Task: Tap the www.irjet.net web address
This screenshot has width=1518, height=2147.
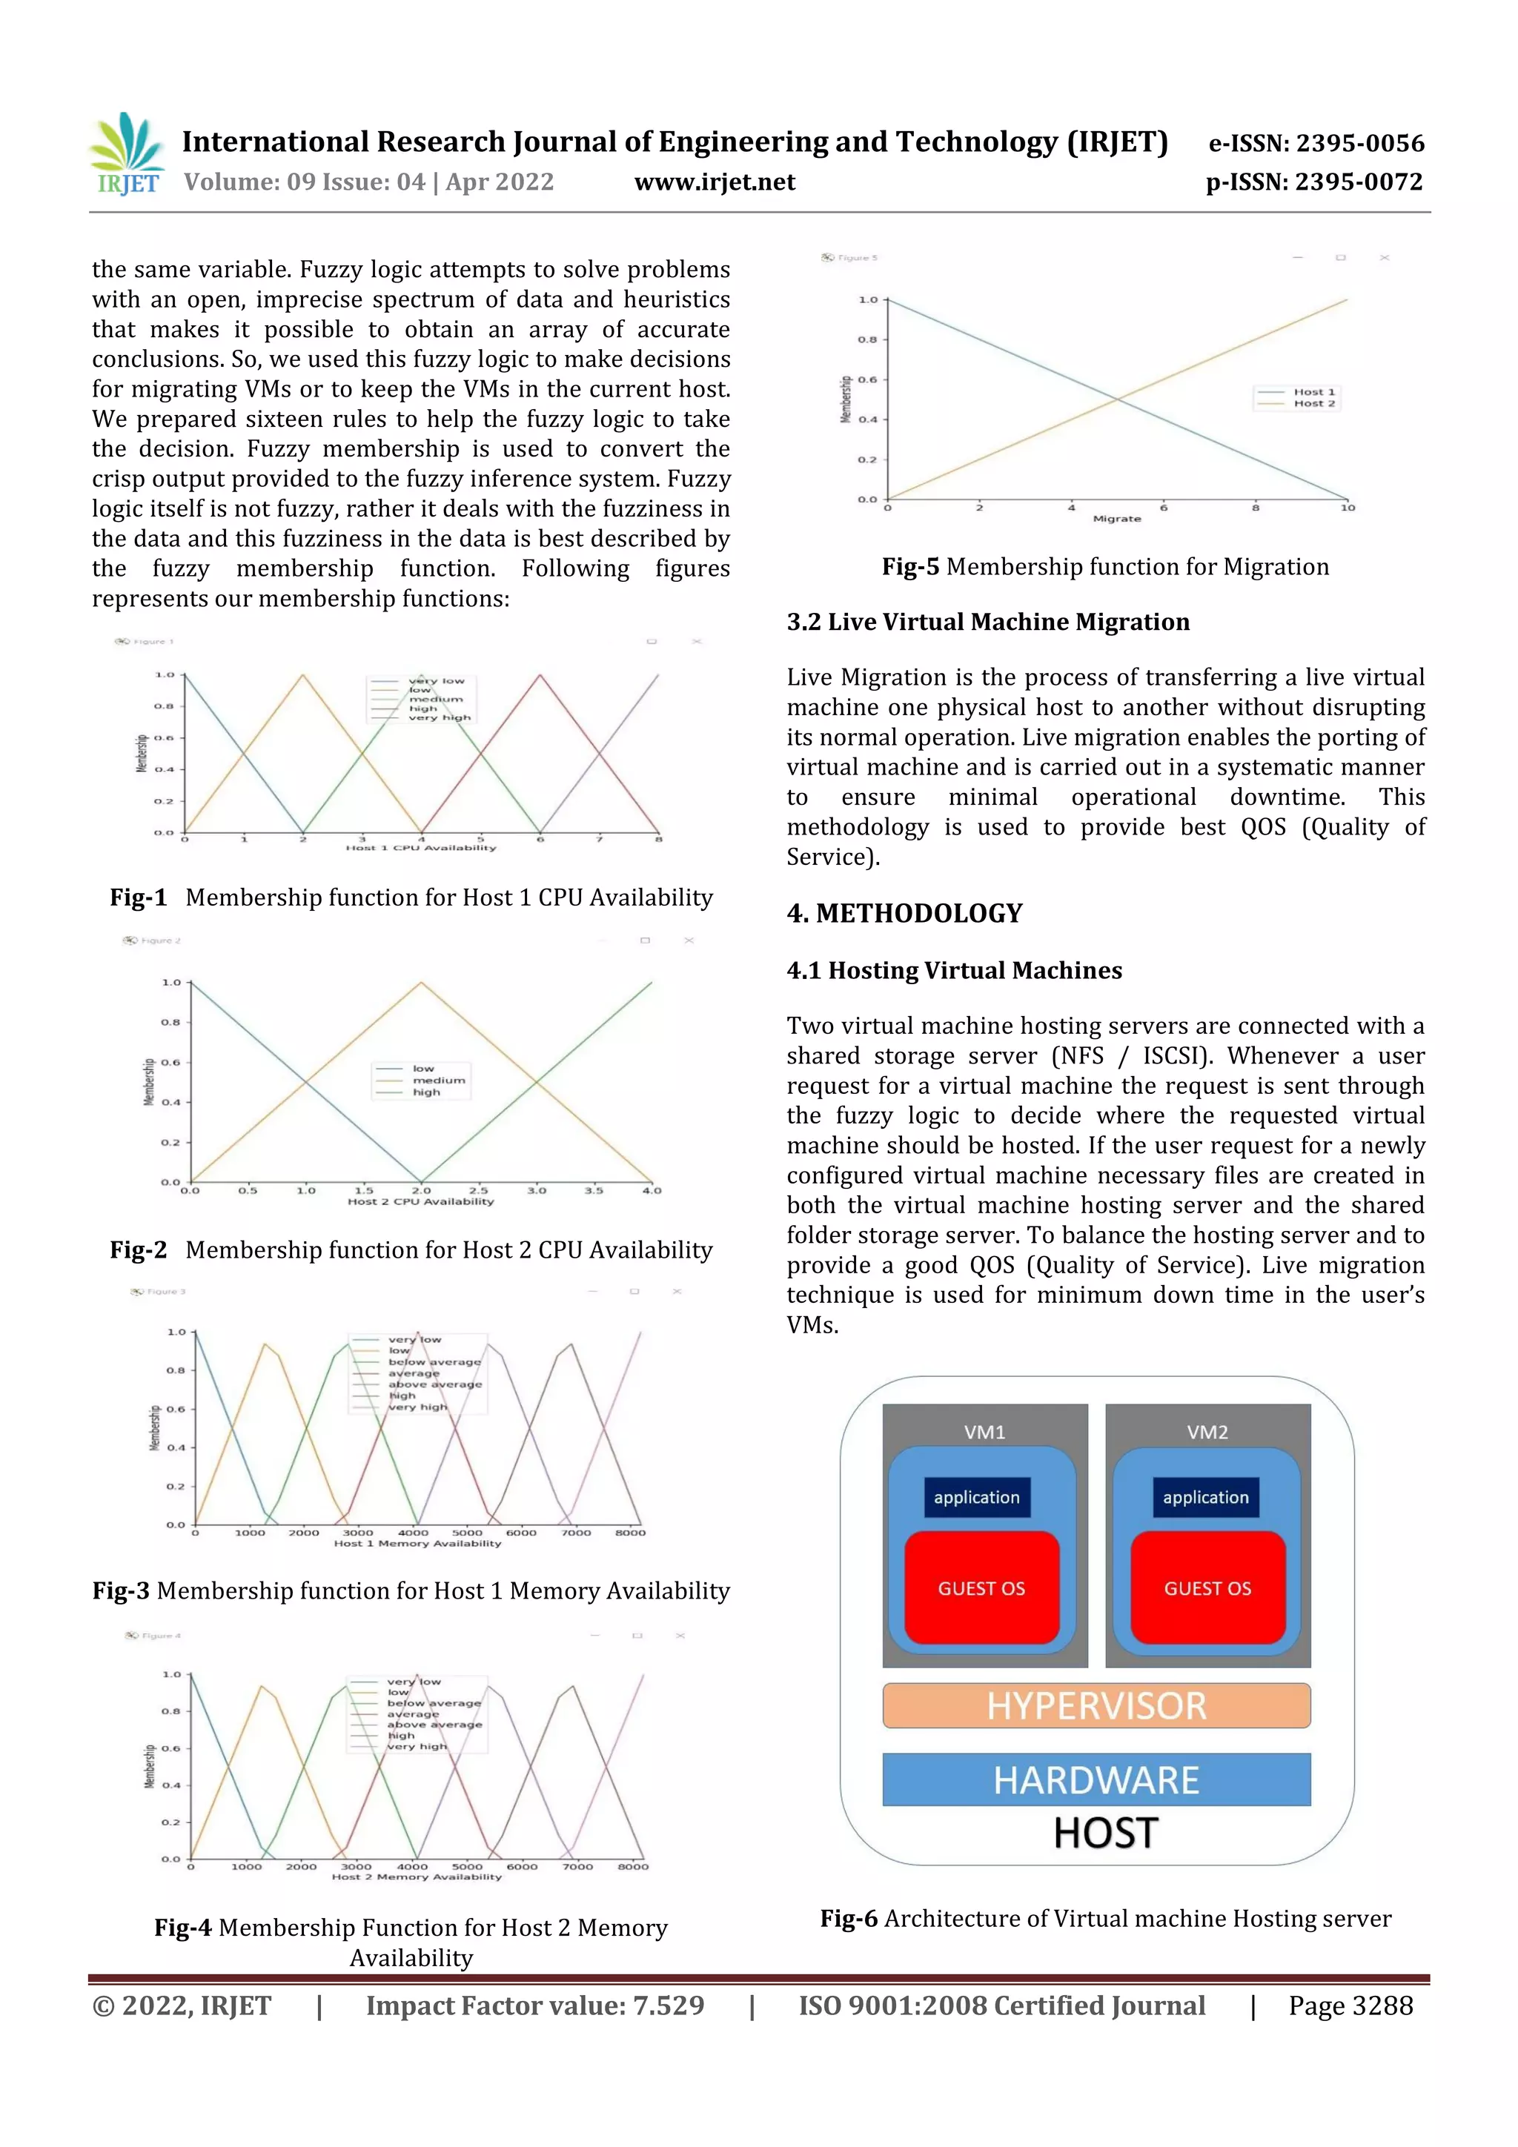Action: click(x=715, y=182)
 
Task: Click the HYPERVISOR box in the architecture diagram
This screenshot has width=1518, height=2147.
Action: click(x=1096, y=1705)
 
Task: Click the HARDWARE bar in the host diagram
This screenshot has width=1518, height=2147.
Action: click(x=1096, y=1779)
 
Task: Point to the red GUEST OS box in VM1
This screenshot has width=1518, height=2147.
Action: click(x=981, y=1587)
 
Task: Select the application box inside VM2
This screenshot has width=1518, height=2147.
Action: click(x=1206, y=1497)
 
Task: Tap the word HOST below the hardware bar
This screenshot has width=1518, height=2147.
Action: click(x=1106, y=1834)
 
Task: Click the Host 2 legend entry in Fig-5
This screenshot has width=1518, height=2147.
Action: click(x=1313, y=404)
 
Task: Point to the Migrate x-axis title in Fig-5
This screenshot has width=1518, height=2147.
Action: click(x=1117, y=519)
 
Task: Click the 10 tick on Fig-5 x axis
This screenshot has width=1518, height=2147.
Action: click(x=1347, y=508)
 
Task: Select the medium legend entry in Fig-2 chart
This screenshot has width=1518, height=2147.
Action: click(x=438, y=1080)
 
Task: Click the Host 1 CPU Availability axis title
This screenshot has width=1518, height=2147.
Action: click(x=421, y=848)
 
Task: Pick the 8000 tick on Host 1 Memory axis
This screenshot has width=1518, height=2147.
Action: click(x=629, y=1533)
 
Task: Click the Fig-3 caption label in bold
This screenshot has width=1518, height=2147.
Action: click(x=121, y=1590)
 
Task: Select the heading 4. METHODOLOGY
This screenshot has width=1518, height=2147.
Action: click(x=904, y=914)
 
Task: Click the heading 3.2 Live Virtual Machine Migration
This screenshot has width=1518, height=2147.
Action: click(x=988, y=622)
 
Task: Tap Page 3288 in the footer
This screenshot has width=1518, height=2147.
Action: click(x=1350, y=2005)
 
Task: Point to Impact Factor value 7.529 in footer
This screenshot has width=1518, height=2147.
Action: click(x=535, y=2005)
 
